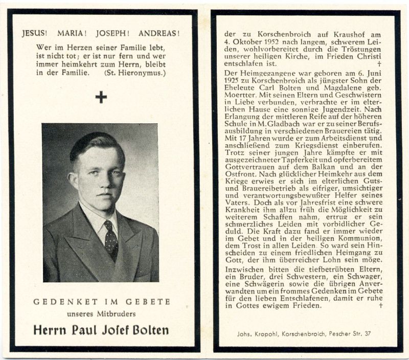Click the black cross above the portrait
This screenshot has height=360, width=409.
tap(101, 97)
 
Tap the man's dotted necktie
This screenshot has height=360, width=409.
tap(110, 240)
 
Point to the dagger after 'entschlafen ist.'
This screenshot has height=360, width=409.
tap(379, 64)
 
